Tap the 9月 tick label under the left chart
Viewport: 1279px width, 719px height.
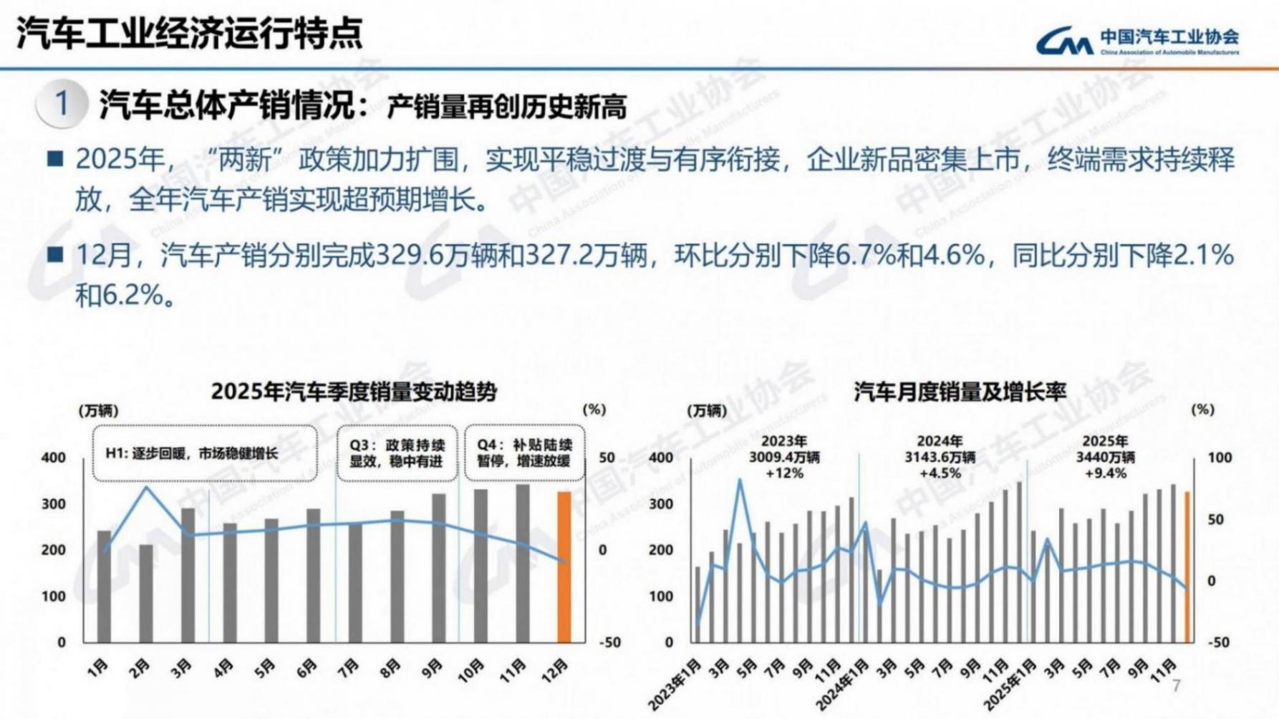431,667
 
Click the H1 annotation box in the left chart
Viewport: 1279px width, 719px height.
205,453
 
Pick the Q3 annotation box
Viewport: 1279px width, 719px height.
397,453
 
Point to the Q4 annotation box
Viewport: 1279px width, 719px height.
524,453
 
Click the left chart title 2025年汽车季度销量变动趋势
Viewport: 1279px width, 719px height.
354,392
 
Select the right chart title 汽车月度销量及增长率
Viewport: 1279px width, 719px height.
960,392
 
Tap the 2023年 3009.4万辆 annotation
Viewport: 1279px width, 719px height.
784,457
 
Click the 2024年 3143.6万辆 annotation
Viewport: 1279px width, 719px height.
940,457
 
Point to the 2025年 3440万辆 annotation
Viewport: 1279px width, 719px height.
1105,457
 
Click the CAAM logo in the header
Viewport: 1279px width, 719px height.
1136,41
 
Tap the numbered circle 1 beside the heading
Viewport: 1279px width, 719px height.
62,105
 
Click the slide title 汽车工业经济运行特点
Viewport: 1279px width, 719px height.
190,33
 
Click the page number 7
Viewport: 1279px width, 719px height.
1176,686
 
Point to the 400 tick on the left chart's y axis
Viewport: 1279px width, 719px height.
54,458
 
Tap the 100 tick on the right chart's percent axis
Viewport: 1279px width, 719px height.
1220,458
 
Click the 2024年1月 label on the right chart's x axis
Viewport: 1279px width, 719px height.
847,684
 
